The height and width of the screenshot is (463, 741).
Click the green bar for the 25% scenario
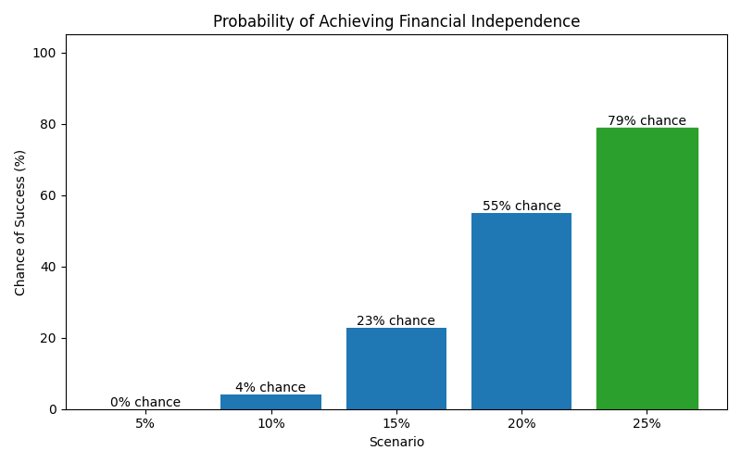[x=647, y=269]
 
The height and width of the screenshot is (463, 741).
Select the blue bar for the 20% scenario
[x=521, y=311]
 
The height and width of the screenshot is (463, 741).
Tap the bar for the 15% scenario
[x=396, y=369]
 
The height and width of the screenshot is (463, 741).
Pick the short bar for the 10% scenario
[x=270, y=402]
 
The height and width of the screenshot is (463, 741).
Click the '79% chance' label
[x=647, y=121]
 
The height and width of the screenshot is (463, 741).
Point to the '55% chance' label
[x=521, y=206]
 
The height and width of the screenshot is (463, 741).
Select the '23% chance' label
[x=396, y=321]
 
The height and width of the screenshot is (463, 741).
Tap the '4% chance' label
[x=270, y=388]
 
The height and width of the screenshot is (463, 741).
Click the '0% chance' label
[x=145, y=403]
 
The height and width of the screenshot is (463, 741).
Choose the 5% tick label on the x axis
[x=145, y=424]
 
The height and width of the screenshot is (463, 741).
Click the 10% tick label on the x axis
[x=270, y=424]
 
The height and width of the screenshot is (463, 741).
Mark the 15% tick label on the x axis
[x=396, y=424]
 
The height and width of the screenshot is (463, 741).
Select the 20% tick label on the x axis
[x=521, y=424]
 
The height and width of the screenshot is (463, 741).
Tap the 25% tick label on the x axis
[x=647, y=424]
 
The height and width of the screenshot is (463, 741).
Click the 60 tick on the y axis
[x=48, y=195]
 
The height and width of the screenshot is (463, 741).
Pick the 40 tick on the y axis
[x=48, y=267]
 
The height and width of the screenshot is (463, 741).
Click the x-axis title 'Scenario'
[x=396, y=443]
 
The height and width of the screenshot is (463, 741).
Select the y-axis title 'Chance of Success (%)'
[x=20, y=222]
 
